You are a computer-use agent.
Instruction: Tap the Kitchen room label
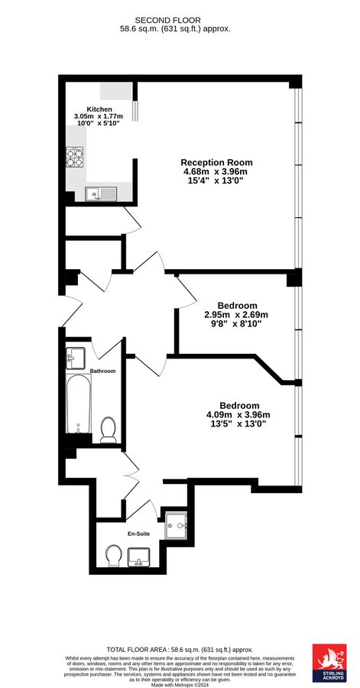tap(99, 109)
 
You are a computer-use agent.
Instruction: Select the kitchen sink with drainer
tap(100, 193)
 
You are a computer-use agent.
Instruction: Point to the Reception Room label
tap(216, 163)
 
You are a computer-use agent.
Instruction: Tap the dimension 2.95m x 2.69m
tap(236, 314)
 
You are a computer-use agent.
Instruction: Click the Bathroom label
tap(102, 371)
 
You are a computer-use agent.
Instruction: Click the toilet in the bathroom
tap(108, 429)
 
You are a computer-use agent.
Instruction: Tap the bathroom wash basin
tap(76, 357)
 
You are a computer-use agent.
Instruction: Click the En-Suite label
tap(138, 534)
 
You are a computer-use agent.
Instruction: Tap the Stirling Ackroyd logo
tap(330, 661)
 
